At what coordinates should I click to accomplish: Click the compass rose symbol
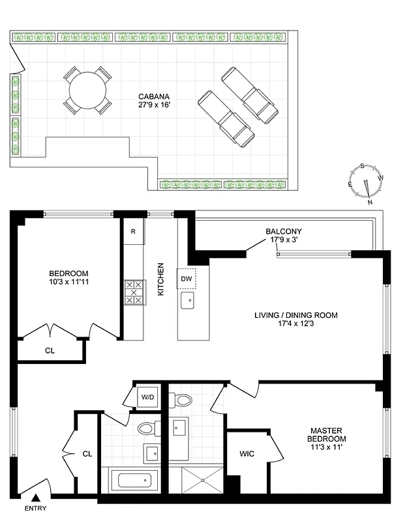click(x=367, y=182)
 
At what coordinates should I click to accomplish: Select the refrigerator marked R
click(x=133, y=231)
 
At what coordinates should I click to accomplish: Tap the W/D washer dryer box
click(x=147, y=396)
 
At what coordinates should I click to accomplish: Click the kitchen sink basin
click(x=188, y=300)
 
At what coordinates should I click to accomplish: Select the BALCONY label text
click(x=283, y=231)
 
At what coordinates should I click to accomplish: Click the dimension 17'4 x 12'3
click(x=296, y=326)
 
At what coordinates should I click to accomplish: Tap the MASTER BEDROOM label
click(x=327, y=434)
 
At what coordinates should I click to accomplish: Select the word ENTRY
click(x=35, y=509)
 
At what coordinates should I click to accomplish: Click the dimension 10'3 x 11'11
click(x=68, y=283)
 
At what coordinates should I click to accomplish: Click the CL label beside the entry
click(x=87, y=454)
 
